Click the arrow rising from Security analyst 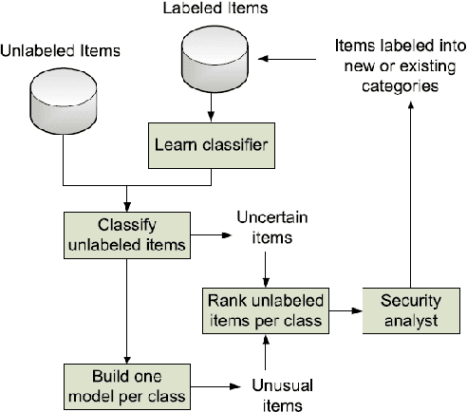pos(410,190)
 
